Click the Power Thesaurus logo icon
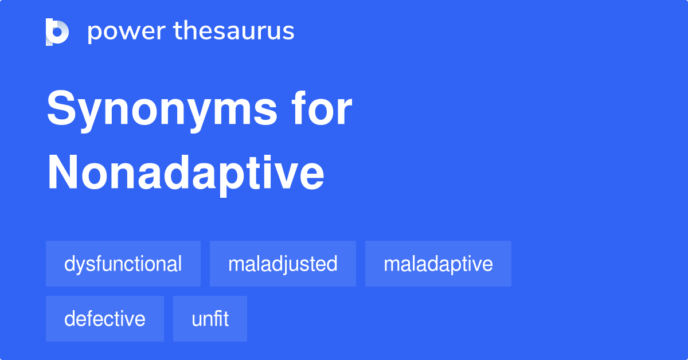[57, 32]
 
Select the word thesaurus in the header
[234, 32]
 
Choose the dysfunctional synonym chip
[123, 264]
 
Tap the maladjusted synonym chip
[283, 264]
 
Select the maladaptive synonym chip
[438, 264]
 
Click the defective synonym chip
[105, 319]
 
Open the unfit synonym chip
[210, 319]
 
